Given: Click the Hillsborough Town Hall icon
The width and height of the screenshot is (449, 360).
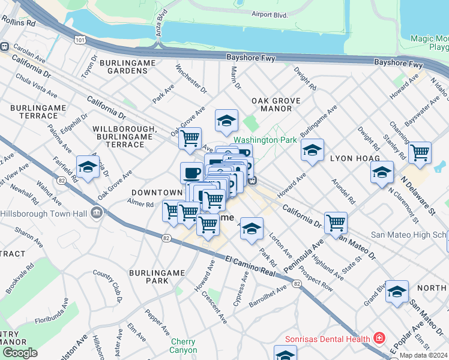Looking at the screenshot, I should (x=96, y=213).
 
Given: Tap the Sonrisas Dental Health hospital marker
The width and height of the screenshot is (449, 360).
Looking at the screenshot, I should (x=378, y=338).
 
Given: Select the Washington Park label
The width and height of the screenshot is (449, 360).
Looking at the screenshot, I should (x=265, y=140).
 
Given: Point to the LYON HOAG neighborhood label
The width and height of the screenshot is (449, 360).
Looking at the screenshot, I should (x=352, y=158).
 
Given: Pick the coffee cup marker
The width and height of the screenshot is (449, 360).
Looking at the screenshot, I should (x=191, y=173).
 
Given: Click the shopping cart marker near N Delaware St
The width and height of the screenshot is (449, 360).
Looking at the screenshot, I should (x=420, y=152).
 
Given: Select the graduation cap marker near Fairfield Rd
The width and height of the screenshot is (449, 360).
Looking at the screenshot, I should (x=88, y=167).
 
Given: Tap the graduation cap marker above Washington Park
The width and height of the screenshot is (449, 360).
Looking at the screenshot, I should (x=226, y=121).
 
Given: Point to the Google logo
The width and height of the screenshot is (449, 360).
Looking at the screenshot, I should (x=20, y=353).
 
